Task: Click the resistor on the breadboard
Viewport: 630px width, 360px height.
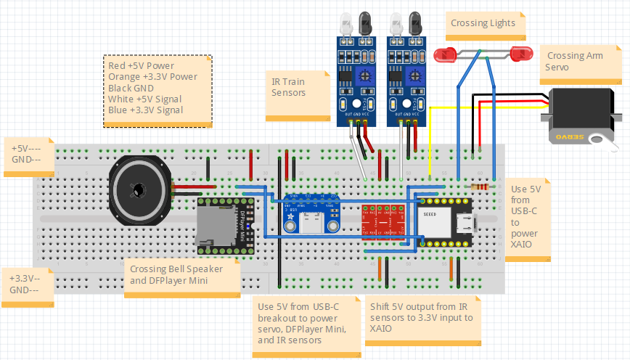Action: (x=480, y=186)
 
